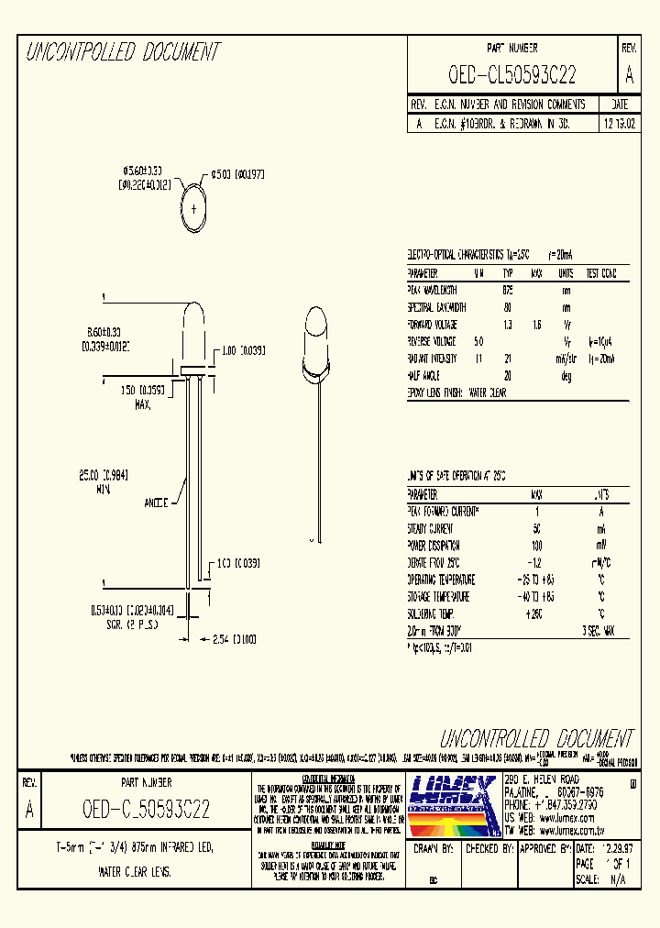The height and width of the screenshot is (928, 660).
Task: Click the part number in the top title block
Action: (512, 75)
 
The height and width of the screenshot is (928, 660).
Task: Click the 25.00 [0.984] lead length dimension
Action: (94, 482)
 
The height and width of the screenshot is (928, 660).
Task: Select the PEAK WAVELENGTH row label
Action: (436, 290)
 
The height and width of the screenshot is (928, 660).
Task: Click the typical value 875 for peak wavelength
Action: (508, 290)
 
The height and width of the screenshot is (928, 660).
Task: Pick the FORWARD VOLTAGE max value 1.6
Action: (538, 325)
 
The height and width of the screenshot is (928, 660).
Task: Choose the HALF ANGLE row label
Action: (423, 376)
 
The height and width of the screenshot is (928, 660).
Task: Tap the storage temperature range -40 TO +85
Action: (537, 597)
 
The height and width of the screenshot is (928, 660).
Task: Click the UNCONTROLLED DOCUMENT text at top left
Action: (122, 52)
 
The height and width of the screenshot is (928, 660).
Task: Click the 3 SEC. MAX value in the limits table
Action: (602, 631)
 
